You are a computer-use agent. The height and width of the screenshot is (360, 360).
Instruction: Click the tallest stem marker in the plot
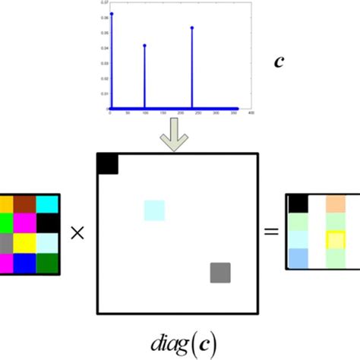coord(112,14)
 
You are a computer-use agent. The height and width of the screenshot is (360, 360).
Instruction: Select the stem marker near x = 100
coord(144,46)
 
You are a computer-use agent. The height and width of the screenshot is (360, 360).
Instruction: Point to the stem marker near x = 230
coord(192,28)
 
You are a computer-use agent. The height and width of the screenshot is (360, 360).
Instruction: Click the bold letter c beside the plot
coord(279,60)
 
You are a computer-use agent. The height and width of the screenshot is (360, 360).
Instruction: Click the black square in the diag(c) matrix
coord(107,164)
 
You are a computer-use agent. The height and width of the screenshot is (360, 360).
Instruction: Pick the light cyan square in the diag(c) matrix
coord(154,210)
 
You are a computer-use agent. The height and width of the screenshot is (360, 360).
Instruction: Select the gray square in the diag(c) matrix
coord(220,272)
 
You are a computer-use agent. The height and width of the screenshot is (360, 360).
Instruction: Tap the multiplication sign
coord(77,234)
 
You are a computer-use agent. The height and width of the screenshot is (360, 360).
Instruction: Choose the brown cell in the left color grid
coord(24,204)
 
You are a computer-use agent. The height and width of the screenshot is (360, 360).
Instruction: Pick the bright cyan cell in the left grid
coord(47,204)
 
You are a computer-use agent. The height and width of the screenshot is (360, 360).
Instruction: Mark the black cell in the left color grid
coord(47,223)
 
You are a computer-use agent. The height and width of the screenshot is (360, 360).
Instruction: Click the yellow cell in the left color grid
coord(24,243)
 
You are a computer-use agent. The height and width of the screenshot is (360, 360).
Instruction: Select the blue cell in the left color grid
coord(24,263)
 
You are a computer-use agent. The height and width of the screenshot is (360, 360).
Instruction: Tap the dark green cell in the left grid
coord(47,263)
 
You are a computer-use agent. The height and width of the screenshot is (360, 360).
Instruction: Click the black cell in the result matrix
coord(298,203)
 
